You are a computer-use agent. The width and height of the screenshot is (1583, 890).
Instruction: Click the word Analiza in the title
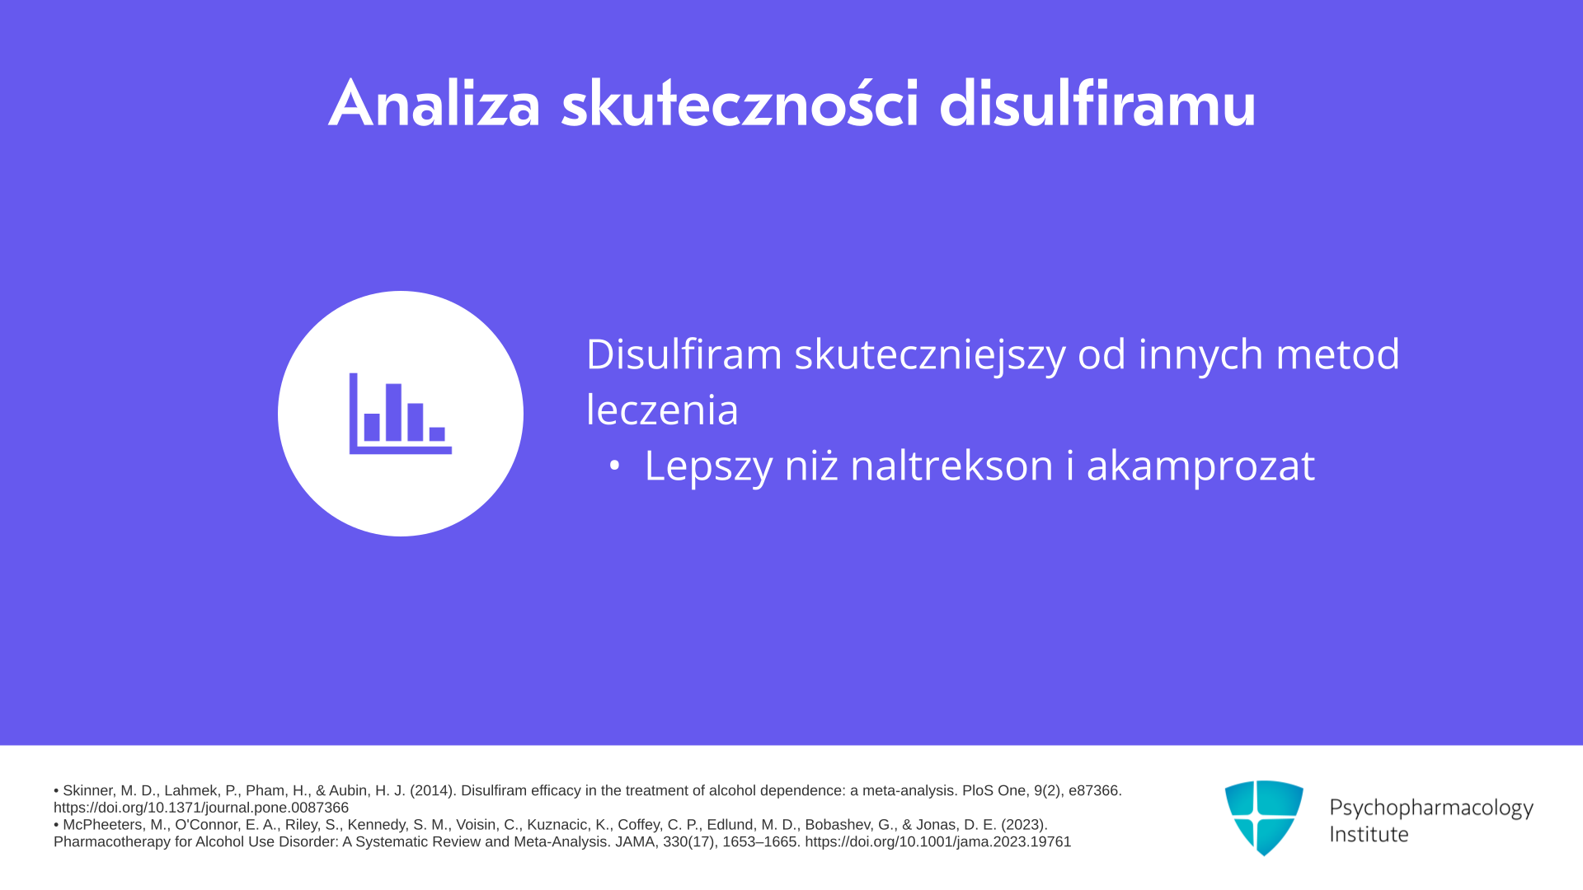(435, 104)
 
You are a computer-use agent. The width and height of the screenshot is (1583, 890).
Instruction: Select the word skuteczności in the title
(740, 104)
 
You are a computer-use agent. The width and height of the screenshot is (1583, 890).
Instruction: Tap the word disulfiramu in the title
(1097, 104)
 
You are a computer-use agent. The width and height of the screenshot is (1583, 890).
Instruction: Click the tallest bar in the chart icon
(393, 412)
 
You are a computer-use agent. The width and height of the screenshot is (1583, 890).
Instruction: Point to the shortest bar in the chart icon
(437, 434)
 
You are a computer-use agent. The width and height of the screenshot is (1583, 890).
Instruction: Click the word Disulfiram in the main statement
(683, 354)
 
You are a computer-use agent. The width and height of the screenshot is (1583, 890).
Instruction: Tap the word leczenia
(662, 410)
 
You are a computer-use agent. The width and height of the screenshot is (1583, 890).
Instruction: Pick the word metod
(1337, 354)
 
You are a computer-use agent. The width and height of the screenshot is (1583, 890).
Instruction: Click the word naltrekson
(952, 466)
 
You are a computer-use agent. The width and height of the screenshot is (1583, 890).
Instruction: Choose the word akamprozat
(1200, 467)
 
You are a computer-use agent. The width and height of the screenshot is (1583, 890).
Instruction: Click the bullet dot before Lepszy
(613, 466)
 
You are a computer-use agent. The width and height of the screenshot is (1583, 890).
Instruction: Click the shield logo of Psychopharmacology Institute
(1264, 817)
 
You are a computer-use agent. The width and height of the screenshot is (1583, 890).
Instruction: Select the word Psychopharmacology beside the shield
(1431, 808)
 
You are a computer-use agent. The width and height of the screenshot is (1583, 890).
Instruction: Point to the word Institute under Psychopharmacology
(1369, 834)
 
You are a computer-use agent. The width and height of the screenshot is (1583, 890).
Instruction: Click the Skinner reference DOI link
(201, 808)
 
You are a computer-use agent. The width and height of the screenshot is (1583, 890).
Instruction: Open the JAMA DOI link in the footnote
(938, 842)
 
